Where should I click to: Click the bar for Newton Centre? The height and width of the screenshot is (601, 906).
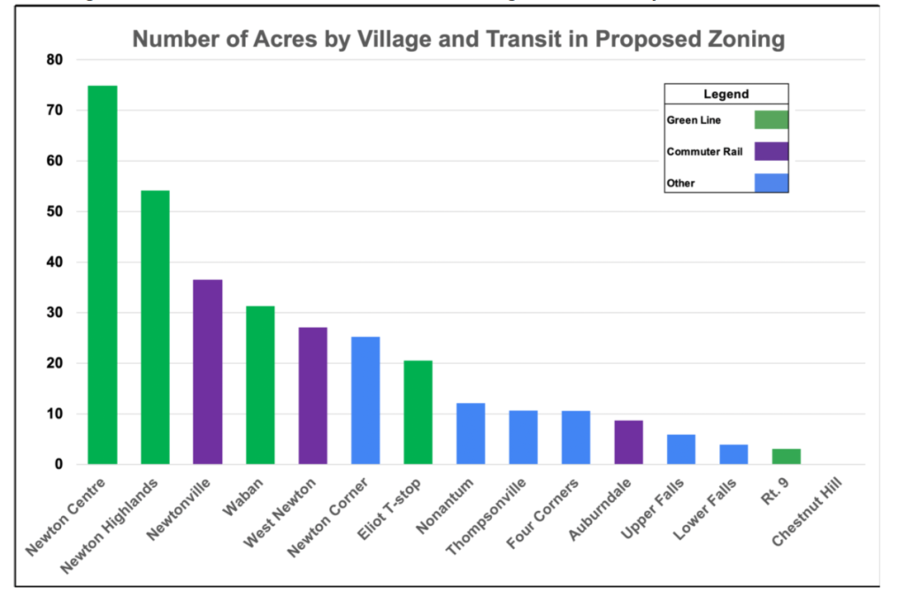click(103, 274)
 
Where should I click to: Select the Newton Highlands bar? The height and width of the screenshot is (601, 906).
click(155, 327)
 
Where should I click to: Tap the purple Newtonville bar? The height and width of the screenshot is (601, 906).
click(207, 371)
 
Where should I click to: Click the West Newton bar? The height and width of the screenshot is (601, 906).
click(312, 395)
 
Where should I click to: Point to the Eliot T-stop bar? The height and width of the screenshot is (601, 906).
click(418, 412)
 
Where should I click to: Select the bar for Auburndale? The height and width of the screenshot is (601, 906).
click(628, 442)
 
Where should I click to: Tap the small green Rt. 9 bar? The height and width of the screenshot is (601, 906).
click(786, 456)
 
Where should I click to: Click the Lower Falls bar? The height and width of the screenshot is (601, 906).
click(733, 454)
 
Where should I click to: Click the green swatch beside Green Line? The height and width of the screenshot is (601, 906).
click(771, 120)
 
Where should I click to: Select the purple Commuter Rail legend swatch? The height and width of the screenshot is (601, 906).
click(771, 151)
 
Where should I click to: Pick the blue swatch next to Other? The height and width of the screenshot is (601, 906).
click(771, 183)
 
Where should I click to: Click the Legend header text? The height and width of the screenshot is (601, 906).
click(726, 95)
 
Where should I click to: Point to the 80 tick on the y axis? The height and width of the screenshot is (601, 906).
click(55, 60)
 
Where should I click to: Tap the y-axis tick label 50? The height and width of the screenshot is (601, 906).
click(55, 212)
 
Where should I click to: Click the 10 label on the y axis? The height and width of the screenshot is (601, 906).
click(55, 414)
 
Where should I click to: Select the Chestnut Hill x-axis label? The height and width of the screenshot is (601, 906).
click(806, 512)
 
